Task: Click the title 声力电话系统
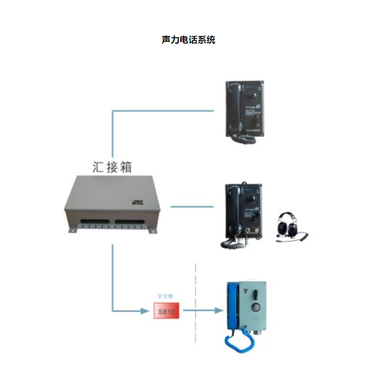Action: [x=188, y=40]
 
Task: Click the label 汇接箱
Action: [x=112, y=167]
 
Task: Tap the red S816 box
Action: [x=166, y=311]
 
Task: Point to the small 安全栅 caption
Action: [x=166, y=297]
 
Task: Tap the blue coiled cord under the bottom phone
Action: [x=234, y=342]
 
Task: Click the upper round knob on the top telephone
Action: [x=252, y=96]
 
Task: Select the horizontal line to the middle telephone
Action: [x=191, y=207]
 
